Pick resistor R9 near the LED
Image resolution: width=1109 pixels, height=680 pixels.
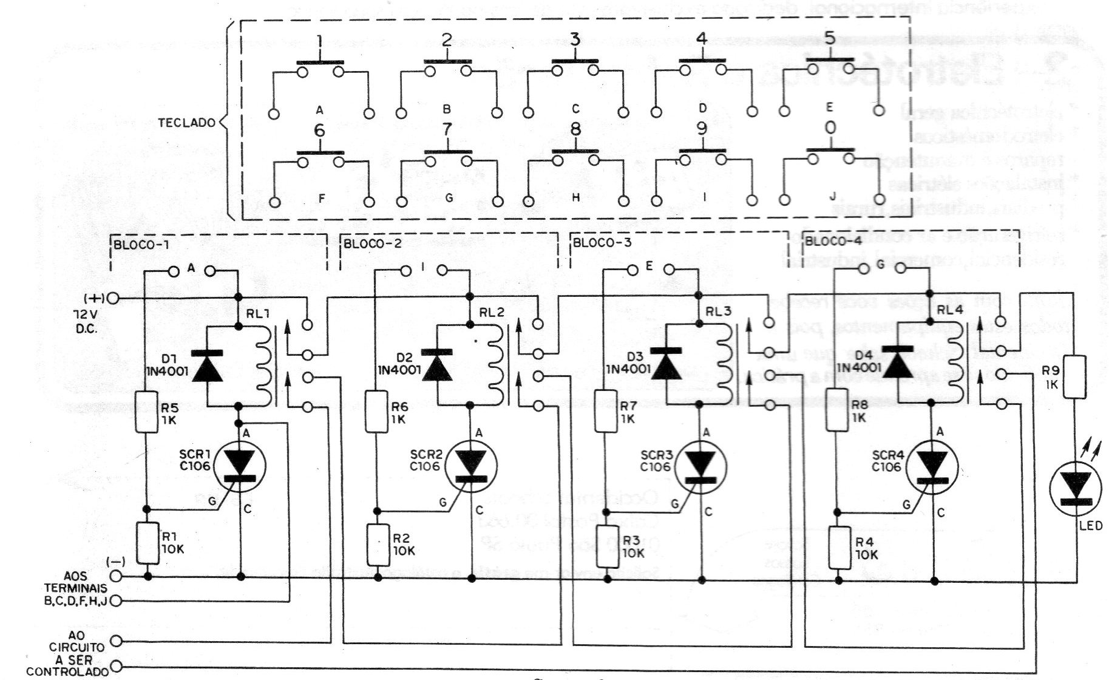click(x=1076, y=377)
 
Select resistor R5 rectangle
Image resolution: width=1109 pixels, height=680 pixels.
click(x=147, y=412)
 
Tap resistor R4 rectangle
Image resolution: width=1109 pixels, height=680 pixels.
click(x=839, y=547)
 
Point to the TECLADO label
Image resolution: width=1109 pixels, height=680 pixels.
click(x=186, y=123)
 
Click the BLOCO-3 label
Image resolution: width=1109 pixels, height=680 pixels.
click(x=602, y=243)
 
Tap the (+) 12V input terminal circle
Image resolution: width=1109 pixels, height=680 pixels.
click(x=114, y=298)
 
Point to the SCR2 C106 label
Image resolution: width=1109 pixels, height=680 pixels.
click(x=425, y=460)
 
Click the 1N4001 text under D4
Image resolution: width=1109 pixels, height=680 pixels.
click(x=859, y=368)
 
